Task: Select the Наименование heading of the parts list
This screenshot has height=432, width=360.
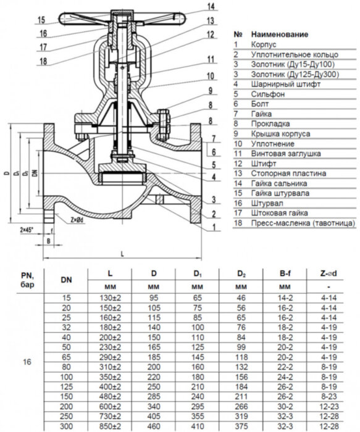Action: click(279, 35)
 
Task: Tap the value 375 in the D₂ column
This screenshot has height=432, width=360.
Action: click(242, 426)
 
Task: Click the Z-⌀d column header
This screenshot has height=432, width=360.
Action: click(329, 272)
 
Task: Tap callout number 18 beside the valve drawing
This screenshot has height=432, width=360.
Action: click(42, 60)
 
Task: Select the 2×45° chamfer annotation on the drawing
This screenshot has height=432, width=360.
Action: click(28, 229)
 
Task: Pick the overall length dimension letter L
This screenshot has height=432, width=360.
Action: click(123, 254)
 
